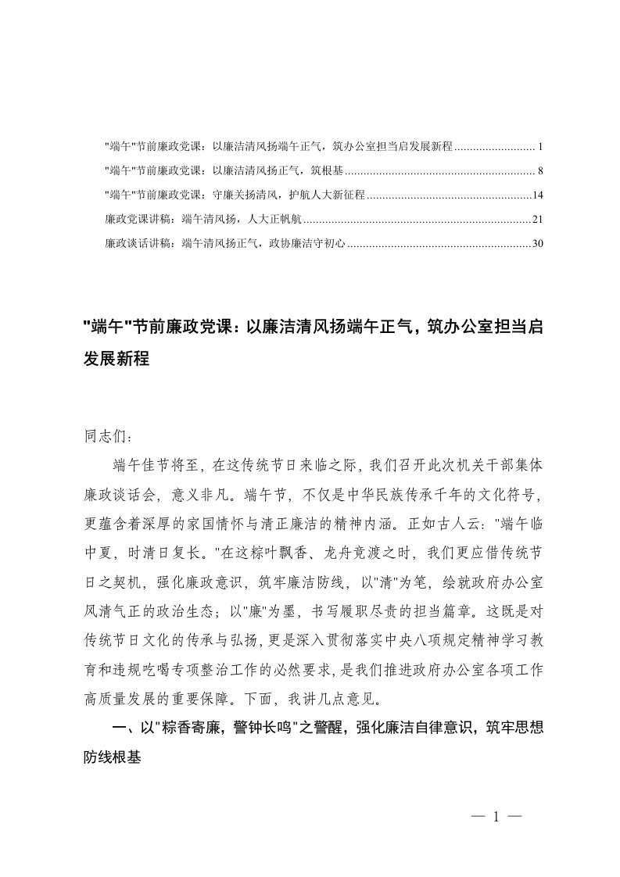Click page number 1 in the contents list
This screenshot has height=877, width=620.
click(x=531, y=146)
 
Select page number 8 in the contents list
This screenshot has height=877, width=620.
click(x=531, y=170)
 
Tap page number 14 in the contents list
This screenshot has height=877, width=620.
click(x=528, y=195)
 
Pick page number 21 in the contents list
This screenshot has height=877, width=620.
click(x=528, y=219)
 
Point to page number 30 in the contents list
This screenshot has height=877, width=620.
click(x=528, y=243)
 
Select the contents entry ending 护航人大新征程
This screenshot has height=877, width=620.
click(x=235, y=195)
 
